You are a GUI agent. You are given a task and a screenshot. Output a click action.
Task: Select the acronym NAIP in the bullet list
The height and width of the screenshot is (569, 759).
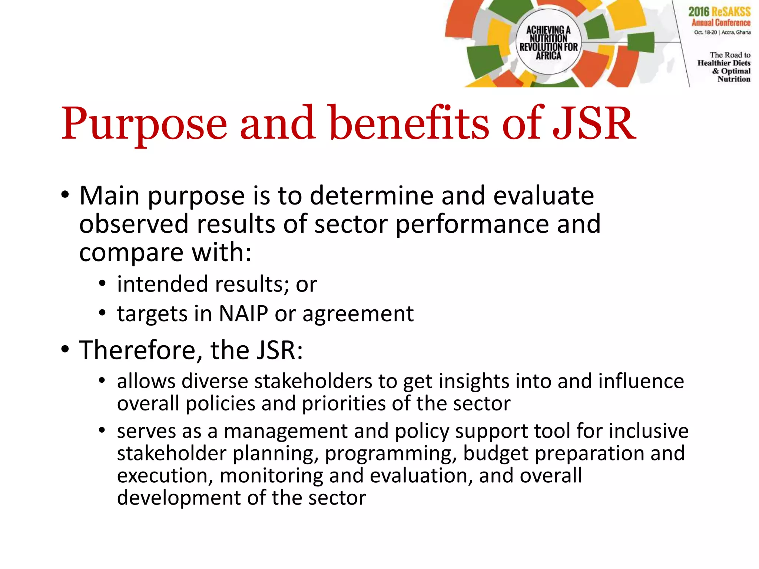pos(243,314)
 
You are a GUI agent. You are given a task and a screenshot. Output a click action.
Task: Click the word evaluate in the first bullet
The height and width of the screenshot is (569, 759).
pos(543,196)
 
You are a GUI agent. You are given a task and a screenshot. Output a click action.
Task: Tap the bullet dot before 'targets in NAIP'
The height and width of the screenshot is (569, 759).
pos(102,313)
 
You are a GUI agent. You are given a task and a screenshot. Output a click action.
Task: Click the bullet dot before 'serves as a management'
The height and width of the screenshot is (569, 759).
pos(102,430)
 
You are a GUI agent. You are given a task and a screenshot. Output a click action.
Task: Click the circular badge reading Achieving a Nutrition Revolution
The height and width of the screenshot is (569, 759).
pos(548,42)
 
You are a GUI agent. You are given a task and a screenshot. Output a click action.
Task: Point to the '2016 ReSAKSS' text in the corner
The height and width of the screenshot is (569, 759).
pos(719,12)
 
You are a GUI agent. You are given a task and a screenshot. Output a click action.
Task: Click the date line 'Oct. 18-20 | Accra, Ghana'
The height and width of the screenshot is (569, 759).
pos(722,32)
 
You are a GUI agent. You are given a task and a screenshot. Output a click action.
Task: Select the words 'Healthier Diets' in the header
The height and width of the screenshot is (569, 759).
pos(723,63)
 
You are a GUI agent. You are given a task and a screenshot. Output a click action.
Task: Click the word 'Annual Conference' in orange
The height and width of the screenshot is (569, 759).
pos(720,23)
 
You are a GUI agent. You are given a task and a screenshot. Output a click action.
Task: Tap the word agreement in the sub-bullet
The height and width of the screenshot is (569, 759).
pos(358,315)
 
